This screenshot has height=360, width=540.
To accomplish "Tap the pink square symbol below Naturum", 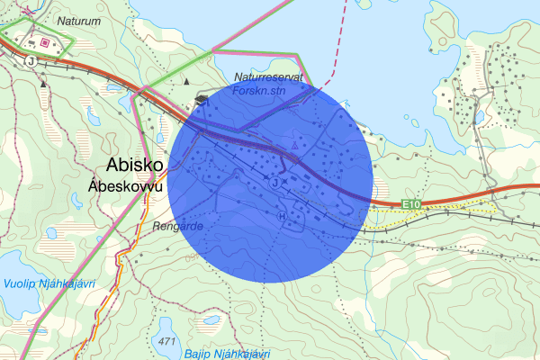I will [x=44, y=41].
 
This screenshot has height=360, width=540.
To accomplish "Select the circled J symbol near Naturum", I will [x=31, y=61].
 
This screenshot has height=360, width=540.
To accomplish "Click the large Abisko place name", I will [x=134, y=166].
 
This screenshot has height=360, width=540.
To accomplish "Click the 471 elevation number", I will [x=166, y=343].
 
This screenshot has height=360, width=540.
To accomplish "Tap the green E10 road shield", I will [x=412, y=206].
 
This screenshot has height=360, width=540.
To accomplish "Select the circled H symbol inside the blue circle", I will [x=283, y=217].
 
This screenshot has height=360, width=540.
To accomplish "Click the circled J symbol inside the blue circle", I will [x=274, y=183].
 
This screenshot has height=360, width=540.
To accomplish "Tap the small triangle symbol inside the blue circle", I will [x=294, y=144].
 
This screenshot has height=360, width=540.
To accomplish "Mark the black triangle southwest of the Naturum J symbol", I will [x=44, y=83].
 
